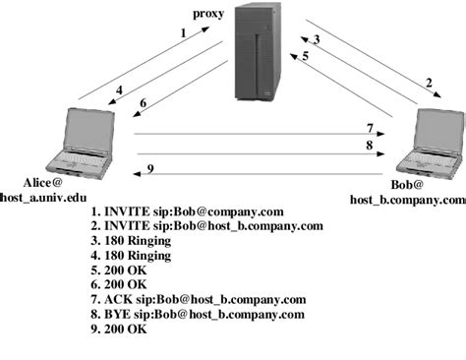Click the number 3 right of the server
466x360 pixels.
tap(317, 40)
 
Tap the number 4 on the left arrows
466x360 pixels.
tap(119, 91)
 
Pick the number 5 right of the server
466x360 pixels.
tap(306, 56)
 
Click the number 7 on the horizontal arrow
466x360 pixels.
tap(370, 128)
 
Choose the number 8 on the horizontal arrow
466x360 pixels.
tap(370, 145)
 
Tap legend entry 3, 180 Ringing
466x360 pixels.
tap(130, 240)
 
